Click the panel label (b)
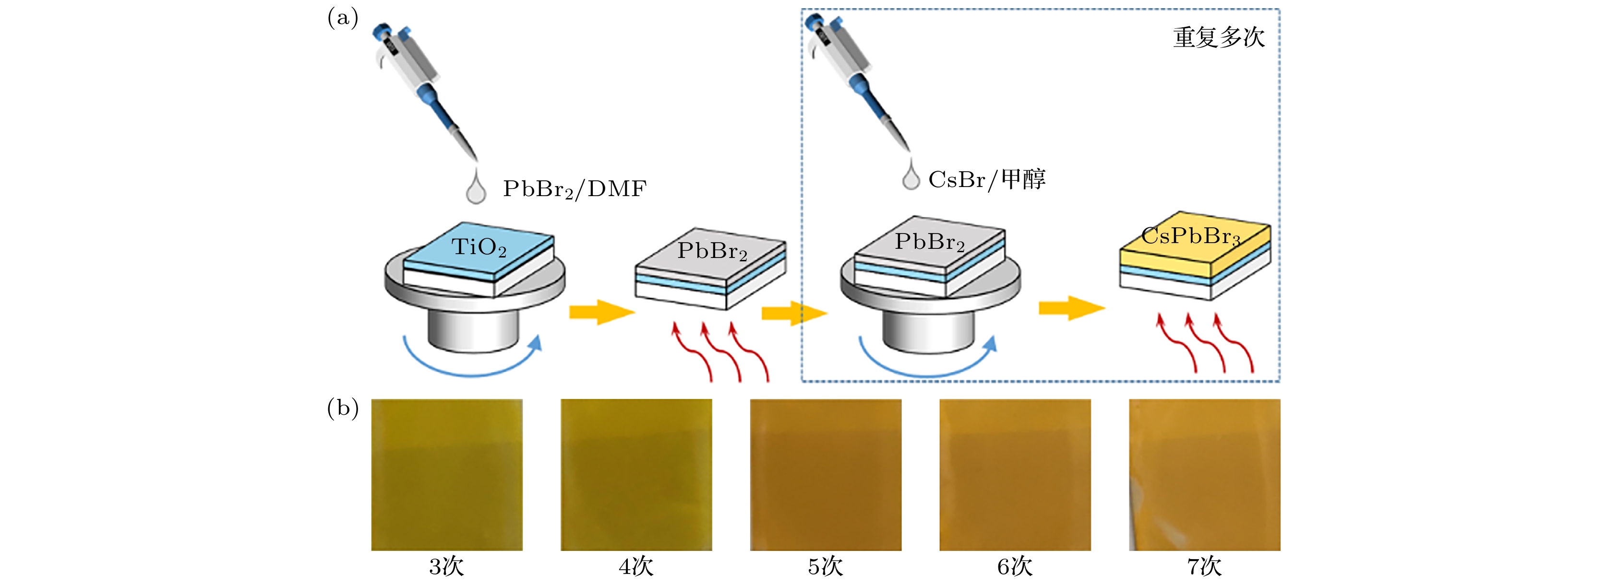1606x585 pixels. [342, 408]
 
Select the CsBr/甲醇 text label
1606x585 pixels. [986, 179]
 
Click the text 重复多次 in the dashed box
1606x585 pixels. [1219, 37]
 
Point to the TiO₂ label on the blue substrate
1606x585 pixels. [479, 247]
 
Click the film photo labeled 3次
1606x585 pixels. [447, 475]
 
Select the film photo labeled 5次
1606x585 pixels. [826, 475]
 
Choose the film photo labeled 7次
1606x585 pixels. [1205, 475]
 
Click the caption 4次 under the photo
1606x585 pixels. [636, 567]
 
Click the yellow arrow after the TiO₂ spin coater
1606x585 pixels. [601, 312]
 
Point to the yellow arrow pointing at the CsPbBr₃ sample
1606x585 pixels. [1071, 308]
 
